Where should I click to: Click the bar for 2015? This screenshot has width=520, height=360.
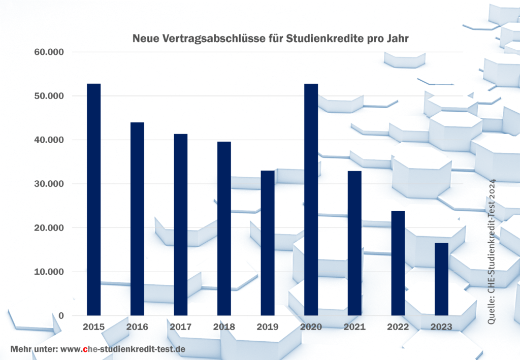[x=93, y=200]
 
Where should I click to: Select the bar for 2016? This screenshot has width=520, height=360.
[x=137, y=219]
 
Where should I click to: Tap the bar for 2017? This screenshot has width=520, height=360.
[x=180, y=224]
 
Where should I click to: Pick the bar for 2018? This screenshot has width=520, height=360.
[x=224, y=228]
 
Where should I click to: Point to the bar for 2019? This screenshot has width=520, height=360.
[x=267, y=243]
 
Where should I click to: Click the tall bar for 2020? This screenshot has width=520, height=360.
[x=311, y=200]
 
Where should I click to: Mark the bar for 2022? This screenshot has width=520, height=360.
[x=398, y=263]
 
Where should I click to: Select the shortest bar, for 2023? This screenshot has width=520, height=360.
[x=441, y=279]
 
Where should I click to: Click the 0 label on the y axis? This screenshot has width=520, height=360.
[x=61, y=316]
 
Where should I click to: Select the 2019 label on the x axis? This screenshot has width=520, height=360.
[x=267, y=327]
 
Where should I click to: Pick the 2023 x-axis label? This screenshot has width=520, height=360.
[x=441, y=327]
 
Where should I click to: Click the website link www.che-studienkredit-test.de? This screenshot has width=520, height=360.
[x=122, y=349]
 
